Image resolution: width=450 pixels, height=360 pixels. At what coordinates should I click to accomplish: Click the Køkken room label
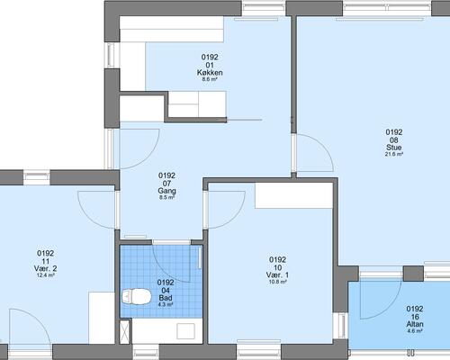210,73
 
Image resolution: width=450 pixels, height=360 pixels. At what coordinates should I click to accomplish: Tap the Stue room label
394,148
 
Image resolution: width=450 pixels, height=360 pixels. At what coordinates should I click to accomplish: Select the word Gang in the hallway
166,191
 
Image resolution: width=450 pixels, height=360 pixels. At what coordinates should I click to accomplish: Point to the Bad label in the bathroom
166,298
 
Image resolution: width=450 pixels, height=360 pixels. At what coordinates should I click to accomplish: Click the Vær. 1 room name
277,274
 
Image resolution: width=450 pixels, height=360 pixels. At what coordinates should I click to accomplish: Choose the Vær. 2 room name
46,268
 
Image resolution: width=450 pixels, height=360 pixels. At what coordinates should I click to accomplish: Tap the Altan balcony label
415,324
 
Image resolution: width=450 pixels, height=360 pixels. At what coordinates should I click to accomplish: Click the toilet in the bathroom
136,296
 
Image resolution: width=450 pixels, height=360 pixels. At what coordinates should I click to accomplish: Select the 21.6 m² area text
394,154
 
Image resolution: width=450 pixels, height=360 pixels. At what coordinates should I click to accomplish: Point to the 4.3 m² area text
166,304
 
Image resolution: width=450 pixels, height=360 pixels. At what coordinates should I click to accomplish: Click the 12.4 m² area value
46,275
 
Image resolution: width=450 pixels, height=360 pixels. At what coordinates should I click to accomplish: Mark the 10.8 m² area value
277,282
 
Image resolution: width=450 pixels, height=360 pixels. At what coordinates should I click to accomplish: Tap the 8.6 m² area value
210,79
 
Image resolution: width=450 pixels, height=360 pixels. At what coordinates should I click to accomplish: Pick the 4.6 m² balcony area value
415,331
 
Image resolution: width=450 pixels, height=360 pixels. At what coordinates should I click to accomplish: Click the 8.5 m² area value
166,198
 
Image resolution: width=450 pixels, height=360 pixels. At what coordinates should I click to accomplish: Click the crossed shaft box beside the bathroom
124,332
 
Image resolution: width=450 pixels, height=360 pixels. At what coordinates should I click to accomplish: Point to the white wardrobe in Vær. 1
294,195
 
